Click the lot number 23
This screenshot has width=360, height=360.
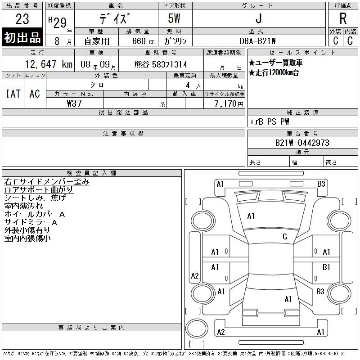22,19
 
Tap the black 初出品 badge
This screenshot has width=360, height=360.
22,37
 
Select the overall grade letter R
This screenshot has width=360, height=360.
343,18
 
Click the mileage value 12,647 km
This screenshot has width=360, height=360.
49,64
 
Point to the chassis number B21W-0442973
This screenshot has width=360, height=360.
302,143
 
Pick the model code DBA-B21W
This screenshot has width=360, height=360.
257,41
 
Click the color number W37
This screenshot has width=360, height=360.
74,103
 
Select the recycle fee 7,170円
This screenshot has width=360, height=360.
229,104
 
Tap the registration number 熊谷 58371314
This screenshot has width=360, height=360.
161,64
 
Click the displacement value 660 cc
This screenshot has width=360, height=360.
143,41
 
